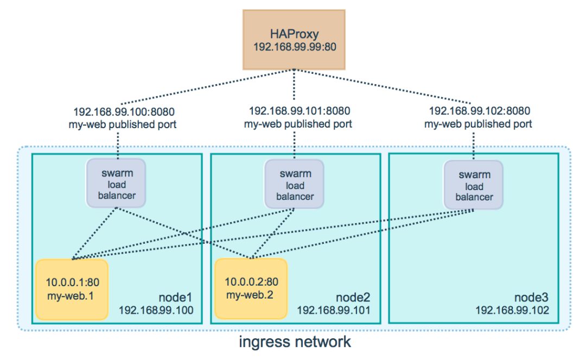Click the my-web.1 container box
pos(71,289)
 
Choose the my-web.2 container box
pos(251,288)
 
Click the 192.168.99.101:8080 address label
pos(300,111)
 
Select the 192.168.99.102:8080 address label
pos(480,111)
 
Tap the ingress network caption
pos(295,343)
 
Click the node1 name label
pos(176,298)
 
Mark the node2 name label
pos(354,298)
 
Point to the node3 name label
pos(531,298)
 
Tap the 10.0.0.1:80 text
pos(72,282)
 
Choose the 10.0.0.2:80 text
pos(250,282)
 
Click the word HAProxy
pos(294,33)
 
